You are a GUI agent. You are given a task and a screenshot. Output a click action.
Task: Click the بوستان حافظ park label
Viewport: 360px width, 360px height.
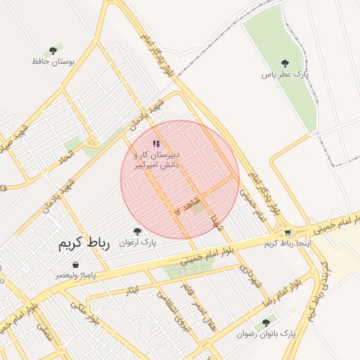click(53, 62)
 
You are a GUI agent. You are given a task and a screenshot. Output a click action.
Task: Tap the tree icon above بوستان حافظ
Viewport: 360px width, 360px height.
click(53, 51)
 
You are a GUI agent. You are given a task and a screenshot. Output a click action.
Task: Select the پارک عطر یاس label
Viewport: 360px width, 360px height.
click(285, 74)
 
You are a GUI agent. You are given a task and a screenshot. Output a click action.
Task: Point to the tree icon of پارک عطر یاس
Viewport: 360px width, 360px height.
click(285, 63)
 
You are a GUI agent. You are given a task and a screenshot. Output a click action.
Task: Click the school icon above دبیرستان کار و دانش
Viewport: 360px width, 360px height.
click(156, 143)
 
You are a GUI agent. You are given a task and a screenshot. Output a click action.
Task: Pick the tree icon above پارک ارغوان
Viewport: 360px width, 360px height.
click(137, 231)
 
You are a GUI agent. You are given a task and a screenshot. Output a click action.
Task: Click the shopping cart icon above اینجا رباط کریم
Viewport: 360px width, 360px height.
click(288, 233)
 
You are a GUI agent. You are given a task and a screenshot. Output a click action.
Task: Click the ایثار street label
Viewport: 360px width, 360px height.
click(131, 290)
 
